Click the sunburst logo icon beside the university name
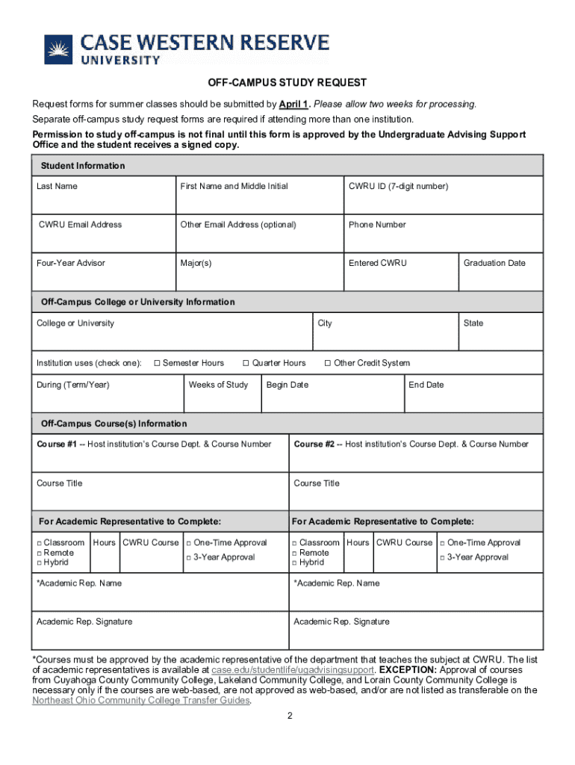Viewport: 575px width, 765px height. point(57,49)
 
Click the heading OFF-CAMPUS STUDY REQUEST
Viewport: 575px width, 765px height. point(287,83)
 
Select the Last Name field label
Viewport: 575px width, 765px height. point(57,186)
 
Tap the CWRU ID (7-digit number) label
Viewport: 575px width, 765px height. point(398,186)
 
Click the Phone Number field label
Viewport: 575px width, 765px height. point(377,225)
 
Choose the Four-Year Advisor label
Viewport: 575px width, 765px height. point(71,263)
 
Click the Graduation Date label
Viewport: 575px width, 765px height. point(494,263)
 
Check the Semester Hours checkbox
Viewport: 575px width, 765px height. point(157,363)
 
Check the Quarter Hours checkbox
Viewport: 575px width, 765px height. point(246,363)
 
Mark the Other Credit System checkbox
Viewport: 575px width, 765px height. point(327,363)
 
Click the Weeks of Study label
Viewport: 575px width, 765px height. point(218,385)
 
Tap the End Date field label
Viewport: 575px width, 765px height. point(426,385)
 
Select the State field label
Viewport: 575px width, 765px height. point(473,323)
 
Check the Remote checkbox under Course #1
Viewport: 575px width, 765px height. point(39,553)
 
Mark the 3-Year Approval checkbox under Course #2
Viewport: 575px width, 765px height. point(443,558)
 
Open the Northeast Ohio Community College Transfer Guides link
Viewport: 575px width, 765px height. point(141,701)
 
